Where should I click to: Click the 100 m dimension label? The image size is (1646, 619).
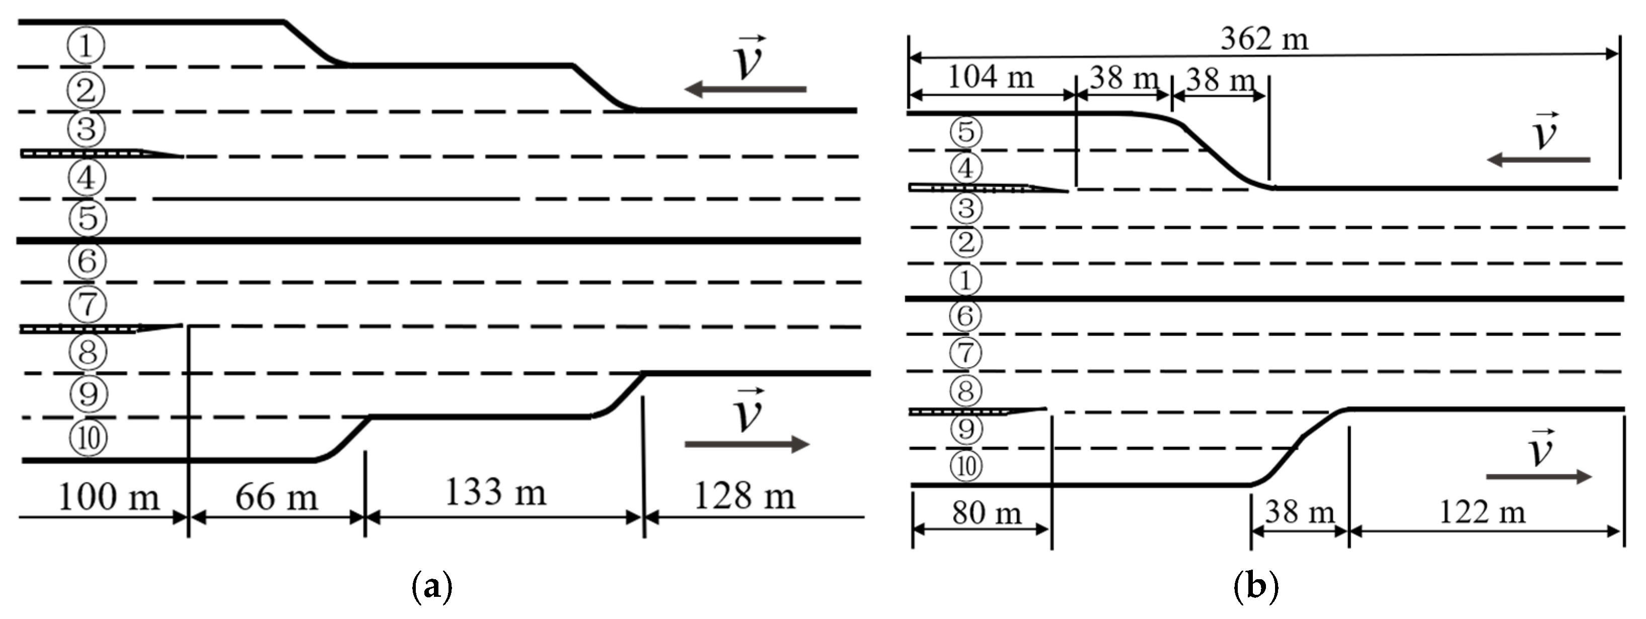(x=109, y=497)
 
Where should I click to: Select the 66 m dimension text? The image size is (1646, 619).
(x=276, y=497)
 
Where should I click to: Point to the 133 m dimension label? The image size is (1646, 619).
(x=495, y=493)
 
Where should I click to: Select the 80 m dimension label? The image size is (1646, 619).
(x=987, y=513)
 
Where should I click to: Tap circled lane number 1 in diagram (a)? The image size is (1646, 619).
(x=86, y=46)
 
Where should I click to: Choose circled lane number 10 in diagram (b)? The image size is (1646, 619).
(x=966, y=467)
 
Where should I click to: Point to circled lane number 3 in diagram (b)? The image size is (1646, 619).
(x=966, y=208)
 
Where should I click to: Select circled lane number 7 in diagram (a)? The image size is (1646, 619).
(x=88, y=304)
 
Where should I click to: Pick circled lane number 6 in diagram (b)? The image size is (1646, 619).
(x=965, y=316)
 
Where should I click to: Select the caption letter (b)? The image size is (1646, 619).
(x=1256, y=586)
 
